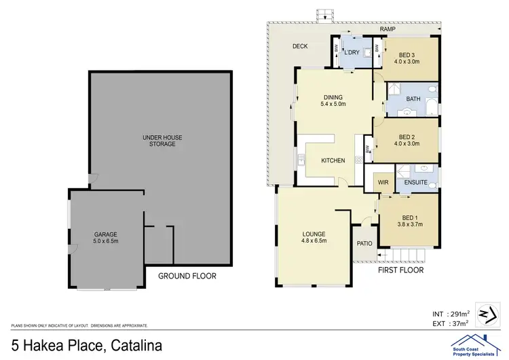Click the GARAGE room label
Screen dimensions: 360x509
tap(105, 238)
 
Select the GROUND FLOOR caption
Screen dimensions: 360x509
tap(187, 276)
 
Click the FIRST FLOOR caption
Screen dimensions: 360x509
tap(400, 270)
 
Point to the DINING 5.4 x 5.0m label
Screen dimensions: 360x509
tap(333, 101)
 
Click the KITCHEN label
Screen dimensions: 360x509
tap(333, 160)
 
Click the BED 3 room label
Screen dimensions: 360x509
tap(407, 58)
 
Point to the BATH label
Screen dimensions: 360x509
tap(413, 99)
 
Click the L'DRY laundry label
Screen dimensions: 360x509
tap(352, 52)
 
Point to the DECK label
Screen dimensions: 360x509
tap(300, 47)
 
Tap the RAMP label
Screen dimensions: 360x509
tap(388, 30)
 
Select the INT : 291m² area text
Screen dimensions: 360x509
tap(450, 314)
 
